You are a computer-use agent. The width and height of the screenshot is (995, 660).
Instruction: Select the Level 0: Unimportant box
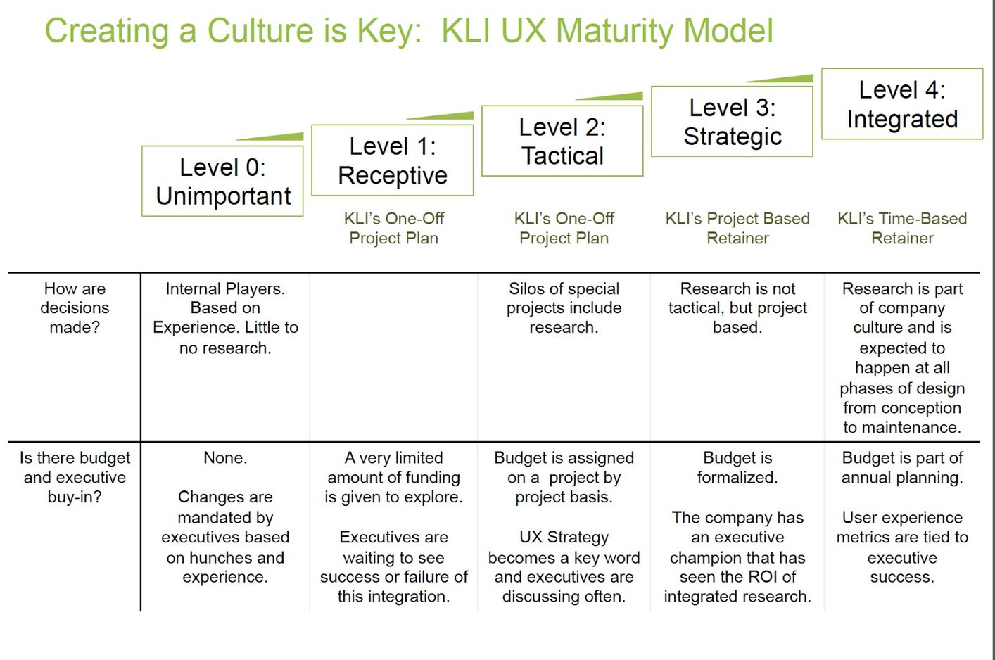click(222, 182)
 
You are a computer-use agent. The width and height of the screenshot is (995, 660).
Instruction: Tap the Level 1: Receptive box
click(393, 160)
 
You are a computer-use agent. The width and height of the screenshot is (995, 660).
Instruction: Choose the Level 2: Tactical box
click(562, 141)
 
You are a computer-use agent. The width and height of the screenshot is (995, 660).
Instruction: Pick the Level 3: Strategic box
click(732, 122)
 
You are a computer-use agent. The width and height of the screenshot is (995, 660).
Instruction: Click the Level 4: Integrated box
click(901, 104)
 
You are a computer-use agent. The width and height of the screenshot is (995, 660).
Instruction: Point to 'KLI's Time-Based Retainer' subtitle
click(902, 229)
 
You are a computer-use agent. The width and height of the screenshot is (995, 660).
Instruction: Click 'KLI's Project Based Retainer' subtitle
click(737, 229)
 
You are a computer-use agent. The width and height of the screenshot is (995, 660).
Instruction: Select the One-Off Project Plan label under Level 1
click(393, 229)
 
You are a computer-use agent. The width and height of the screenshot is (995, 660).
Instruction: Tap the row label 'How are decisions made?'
click(75, 308)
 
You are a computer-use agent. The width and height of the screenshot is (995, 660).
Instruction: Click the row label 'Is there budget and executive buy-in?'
click(75, 477)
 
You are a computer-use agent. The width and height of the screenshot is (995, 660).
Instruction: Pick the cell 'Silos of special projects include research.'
click(564, 308)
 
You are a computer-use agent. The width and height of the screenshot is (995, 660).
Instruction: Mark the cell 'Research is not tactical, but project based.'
click(737, 308)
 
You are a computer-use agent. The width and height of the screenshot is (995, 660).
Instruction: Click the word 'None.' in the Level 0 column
click(225, 458)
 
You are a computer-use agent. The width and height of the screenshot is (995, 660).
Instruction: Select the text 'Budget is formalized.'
click(737, 468)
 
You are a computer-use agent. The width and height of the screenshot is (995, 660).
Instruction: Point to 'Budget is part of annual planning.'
click(902, 468)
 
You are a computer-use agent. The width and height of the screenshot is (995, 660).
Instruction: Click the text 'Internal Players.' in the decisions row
click(225, 288)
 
